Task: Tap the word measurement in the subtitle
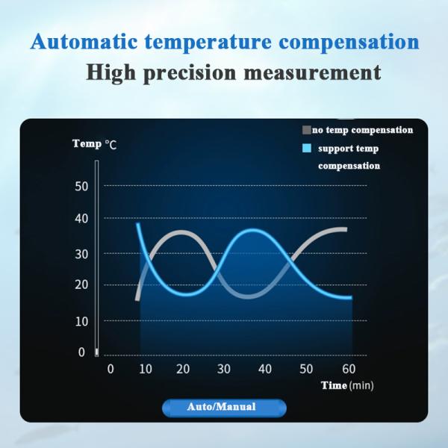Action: (x=314, y=73)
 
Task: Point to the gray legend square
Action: (x=306, y=129)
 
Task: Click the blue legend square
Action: (x=306, y=149)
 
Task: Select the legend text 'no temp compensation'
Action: (x=363, y=130)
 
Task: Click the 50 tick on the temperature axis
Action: (x=82, y=186)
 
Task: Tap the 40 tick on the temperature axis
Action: (x=82, y=219)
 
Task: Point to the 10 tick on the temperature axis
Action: (x=82, y=321)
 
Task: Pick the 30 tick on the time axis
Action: (x=223, y=369)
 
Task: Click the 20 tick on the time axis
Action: (x=182, y=369)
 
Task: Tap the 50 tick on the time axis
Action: (x=306, y=369)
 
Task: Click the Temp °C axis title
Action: (x=94, y=143)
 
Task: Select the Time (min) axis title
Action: (x=347, y=385)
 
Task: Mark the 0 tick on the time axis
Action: (x=111, y=369)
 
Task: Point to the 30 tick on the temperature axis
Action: (x=82, y=254)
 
